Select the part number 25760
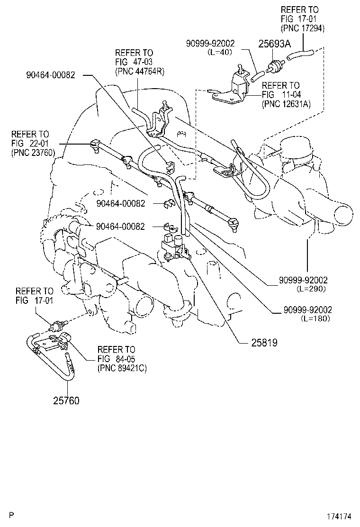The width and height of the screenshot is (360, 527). pos(66,401)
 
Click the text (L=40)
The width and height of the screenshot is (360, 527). pos(219,52)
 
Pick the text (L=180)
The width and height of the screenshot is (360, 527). pos(315,318)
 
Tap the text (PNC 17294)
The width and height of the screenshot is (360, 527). pos(303,28)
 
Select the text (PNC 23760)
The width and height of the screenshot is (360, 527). pos(33,152)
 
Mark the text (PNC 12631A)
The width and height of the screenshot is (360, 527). pos(286,104)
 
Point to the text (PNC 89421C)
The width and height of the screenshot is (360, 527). pos(122,368)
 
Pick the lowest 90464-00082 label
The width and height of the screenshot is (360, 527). pos(120,227)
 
